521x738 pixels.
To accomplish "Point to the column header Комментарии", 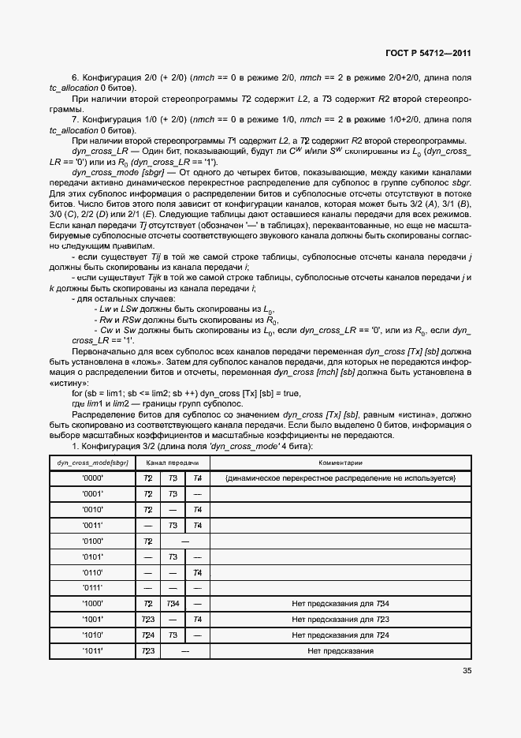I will pyautogui.click(x=341, y=463).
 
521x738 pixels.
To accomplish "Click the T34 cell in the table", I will pyautogui.click(x=173, y=604).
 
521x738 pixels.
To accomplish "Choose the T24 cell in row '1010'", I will pyautogui.click(x=147, y=635).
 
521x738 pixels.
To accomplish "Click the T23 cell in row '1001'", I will pyautogui.click(x=147, y=619).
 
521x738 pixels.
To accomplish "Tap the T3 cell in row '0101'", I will pyautogui.click(x=173, y=556).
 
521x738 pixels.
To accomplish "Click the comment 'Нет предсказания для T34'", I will pyautogui.click(x=341, y=604).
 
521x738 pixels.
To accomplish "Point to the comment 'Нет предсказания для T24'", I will pyautogui.click(x=341, y=635).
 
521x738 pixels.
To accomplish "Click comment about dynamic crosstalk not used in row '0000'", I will pyautogui.click(x=341, y=478).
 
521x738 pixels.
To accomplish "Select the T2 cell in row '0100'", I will pyautogui.click(x=147, y=541).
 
